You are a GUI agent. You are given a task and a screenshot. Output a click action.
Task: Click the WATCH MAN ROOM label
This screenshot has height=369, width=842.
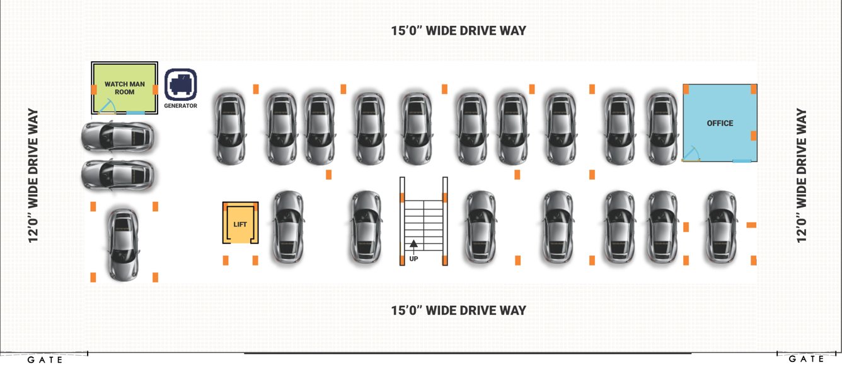(x=125, y=88)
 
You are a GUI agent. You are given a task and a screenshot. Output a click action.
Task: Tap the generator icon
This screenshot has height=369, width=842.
(x=181, y=84)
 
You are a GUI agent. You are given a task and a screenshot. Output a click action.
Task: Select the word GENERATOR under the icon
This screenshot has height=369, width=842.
(x=181, y=106)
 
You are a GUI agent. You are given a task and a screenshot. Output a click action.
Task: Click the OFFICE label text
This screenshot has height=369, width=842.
(x=720, y=123)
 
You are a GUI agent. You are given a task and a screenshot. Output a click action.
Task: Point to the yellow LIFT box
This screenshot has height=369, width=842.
(x=240, y=223)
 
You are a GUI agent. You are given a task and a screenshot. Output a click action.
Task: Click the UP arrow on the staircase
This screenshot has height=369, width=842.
(x=413, y=244)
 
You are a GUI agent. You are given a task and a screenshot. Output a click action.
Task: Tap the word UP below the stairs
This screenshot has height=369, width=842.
(x=414, y=257)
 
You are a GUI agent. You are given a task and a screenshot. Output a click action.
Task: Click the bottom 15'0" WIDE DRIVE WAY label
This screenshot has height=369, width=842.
(x=458, y=310)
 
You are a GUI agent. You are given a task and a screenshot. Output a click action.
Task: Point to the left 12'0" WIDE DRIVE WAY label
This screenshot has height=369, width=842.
(x=33, y=175)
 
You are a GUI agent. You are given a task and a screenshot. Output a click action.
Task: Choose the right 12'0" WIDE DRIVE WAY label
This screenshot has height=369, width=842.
(x=802, y=175)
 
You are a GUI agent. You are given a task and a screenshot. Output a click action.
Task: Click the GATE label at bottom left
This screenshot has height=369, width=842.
(x=45, y=360)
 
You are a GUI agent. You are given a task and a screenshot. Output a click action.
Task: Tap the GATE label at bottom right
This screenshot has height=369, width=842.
(x=807, y=359)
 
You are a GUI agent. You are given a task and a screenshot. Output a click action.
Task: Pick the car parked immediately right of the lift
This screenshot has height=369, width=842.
(x=288, y=226)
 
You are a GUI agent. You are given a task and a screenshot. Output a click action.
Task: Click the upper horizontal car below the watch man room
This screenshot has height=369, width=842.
(x=117, y=136)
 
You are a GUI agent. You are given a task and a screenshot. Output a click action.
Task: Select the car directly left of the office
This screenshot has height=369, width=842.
(x=662, y=128)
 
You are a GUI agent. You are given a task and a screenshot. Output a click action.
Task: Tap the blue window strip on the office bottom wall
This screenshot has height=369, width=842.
(x=742, y=161)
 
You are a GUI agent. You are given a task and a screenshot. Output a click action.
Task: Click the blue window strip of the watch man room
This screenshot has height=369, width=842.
(x=135, y=112)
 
